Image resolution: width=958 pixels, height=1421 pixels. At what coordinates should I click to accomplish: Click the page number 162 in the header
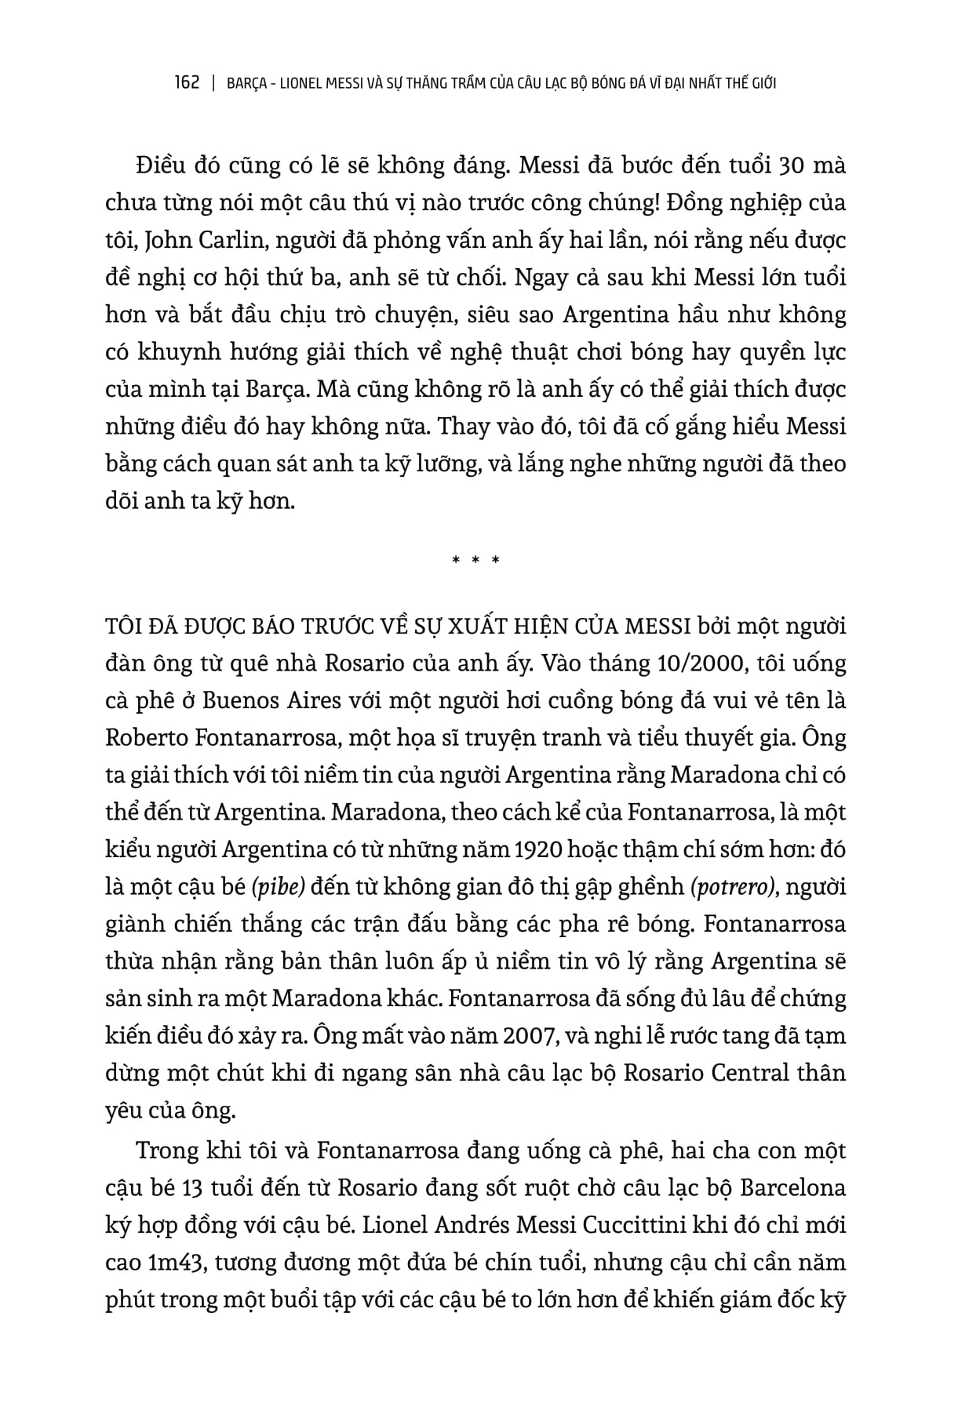(187, 82)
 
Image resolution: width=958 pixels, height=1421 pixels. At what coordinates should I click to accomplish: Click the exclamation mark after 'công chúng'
(649, 203)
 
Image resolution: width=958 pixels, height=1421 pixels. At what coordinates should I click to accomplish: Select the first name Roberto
(146, 738)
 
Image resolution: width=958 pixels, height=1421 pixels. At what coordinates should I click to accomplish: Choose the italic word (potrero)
(734, 887)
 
